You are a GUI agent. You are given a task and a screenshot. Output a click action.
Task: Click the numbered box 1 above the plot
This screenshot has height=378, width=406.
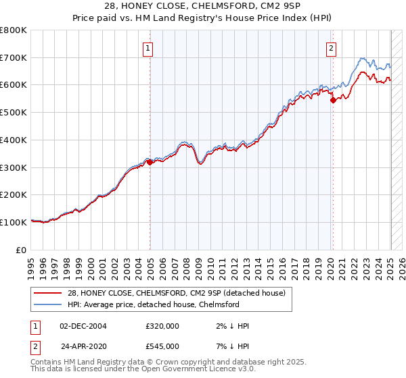pos(147,47)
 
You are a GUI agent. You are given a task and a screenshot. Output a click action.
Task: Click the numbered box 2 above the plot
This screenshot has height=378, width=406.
pos(331,47)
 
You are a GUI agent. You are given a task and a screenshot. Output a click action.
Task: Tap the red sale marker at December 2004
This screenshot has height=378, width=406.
pos(150,162)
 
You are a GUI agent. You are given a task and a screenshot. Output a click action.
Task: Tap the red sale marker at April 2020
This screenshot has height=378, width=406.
pos(333,100)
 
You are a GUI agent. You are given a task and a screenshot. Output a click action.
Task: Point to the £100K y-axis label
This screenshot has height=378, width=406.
pos(13,222)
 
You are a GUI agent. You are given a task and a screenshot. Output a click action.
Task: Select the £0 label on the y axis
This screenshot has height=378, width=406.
pos(21,250)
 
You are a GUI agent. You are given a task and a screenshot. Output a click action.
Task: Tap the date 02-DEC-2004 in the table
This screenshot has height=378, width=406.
pos(83,326)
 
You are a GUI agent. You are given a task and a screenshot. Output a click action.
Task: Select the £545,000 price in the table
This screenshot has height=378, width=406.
pos(162,346)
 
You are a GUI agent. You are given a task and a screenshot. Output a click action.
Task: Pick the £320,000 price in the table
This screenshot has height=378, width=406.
pos(162,326)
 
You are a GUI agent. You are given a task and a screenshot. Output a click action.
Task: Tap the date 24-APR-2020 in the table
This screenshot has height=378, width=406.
pos(83,346)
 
